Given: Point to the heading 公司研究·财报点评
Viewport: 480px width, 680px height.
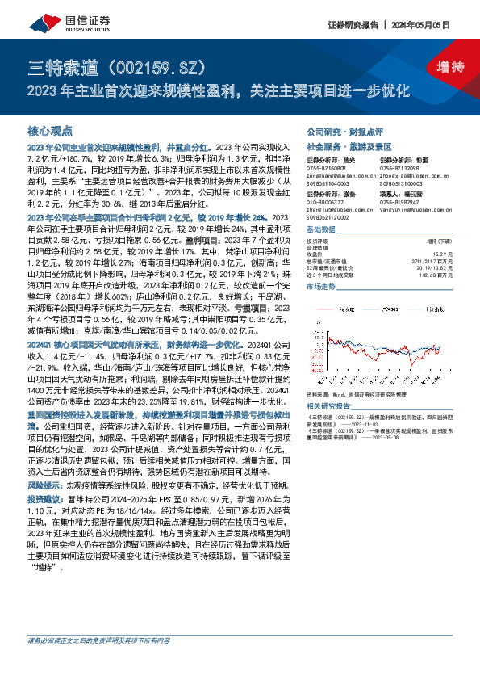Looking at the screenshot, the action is [x=339, y=130].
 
